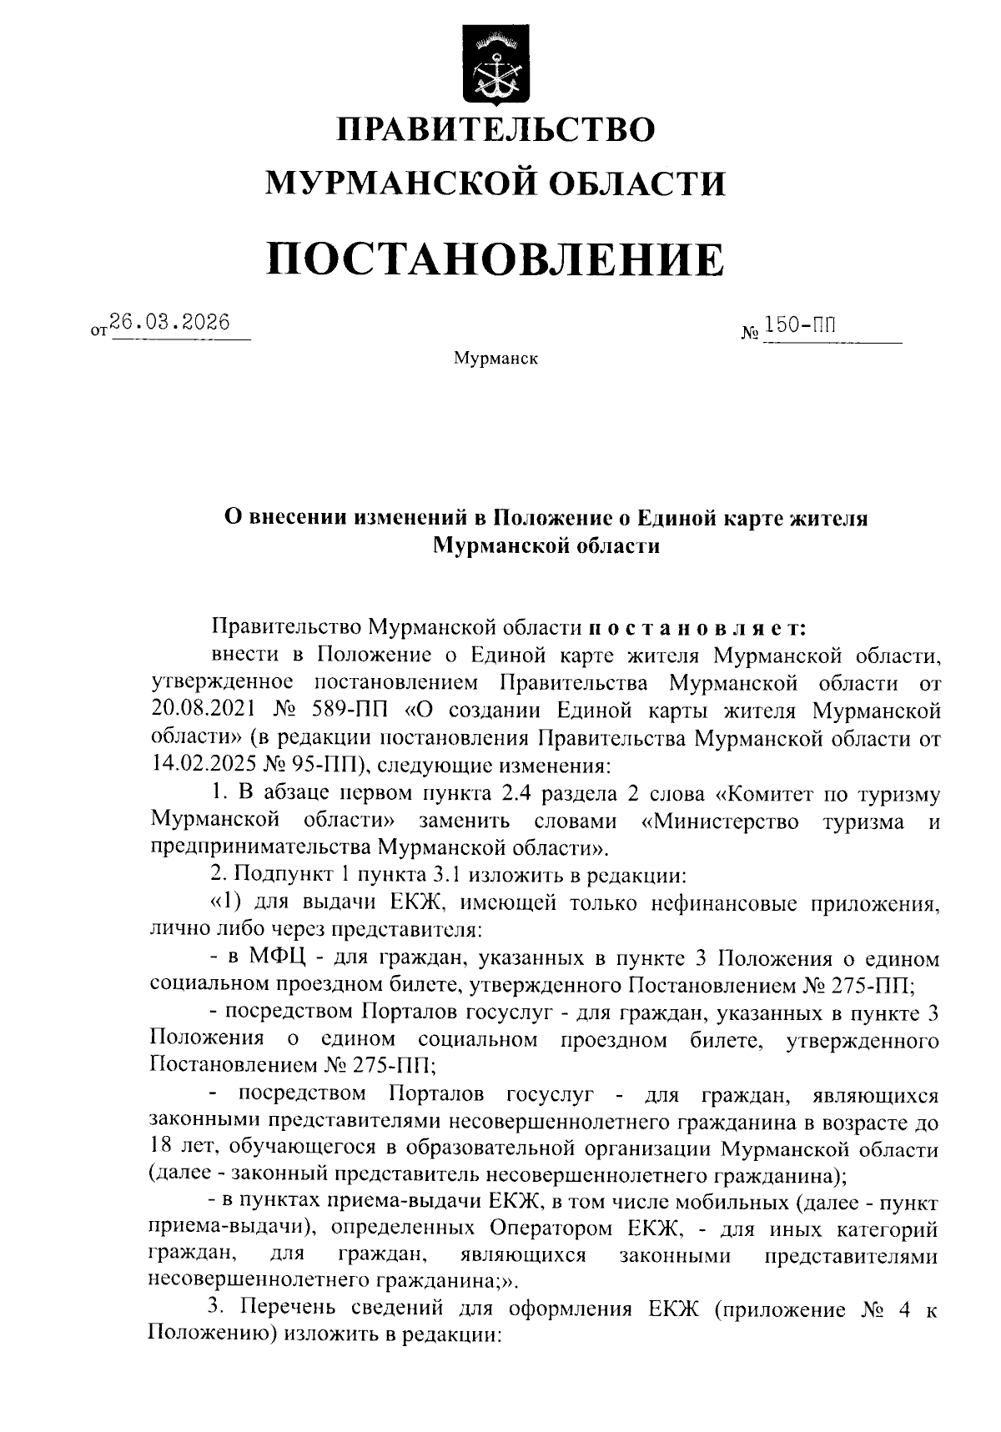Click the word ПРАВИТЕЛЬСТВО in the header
tap(495, 131)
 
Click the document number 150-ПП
tap(800, 324)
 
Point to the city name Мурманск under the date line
tap(495, 359)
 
